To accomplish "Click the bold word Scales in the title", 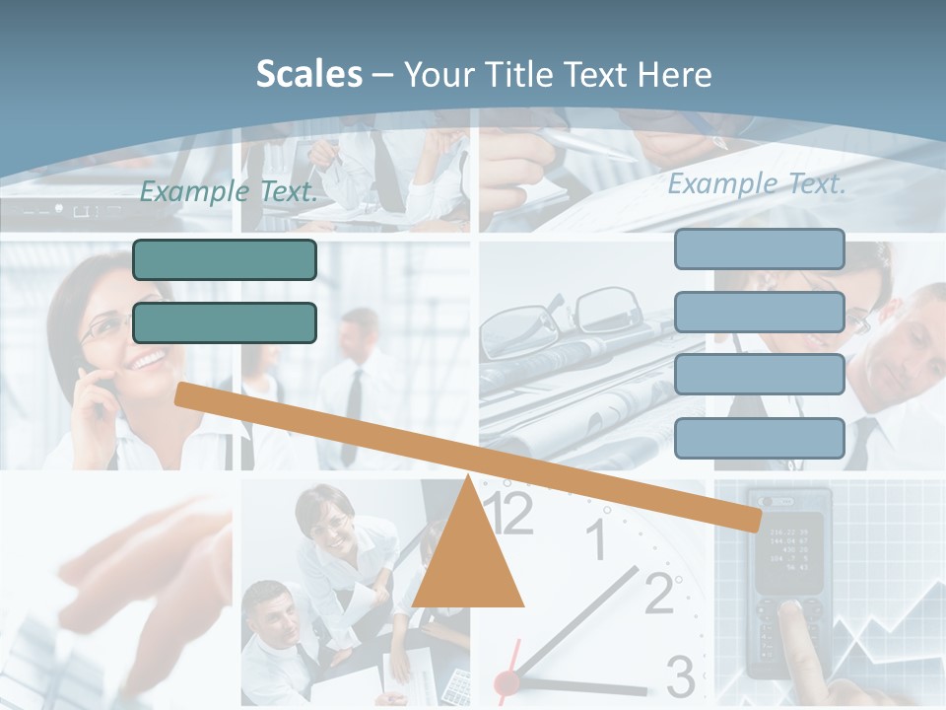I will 308,74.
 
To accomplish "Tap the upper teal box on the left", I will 225,259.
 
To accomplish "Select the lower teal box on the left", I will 225,322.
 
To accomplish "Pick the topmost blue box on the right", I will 759,248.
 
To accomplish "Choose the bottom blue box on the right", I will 759,438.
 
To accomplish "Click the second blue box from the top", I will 759,312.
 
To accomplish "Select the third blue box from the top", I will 759,375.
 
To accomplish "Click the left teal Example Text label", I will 229,191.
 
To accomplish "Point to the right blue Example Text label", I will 757,183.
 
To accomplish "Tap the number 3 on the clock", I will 680,676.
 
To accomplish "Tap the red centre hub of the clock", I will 507,681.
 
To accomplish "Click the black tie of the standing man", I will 352,414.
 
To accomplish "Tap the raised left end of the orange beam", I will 183,393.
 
